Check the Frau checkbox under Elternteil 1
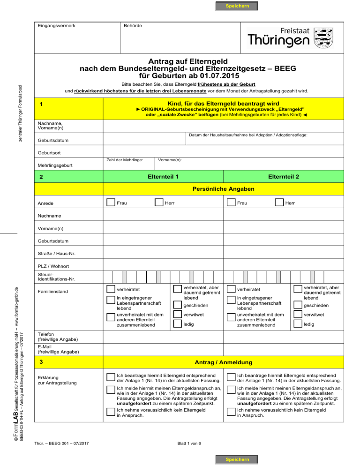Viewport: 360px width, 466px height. [111, 203]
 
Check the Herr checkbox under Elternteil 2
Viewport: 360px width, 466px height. [279, 203]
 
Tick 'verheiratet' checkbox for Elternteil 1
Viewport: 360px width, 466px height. [111, 290]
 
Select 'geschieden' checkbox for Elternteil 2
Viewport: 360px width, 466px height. [297, 305]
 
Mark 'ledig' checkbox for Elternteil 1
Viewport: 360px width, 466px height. [178, 324]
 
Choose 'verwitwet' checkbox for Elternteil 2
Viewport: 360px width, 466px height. [297, 315]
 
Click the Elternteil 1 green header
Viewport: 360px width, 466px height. [163, 177]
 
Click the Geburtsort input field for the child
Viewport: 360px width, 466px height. [225, 152]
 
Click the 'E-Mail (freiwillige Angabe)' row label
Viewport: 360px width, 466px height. [52, 349]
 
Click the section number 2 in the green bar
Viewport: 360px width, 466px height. [42, 178]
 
